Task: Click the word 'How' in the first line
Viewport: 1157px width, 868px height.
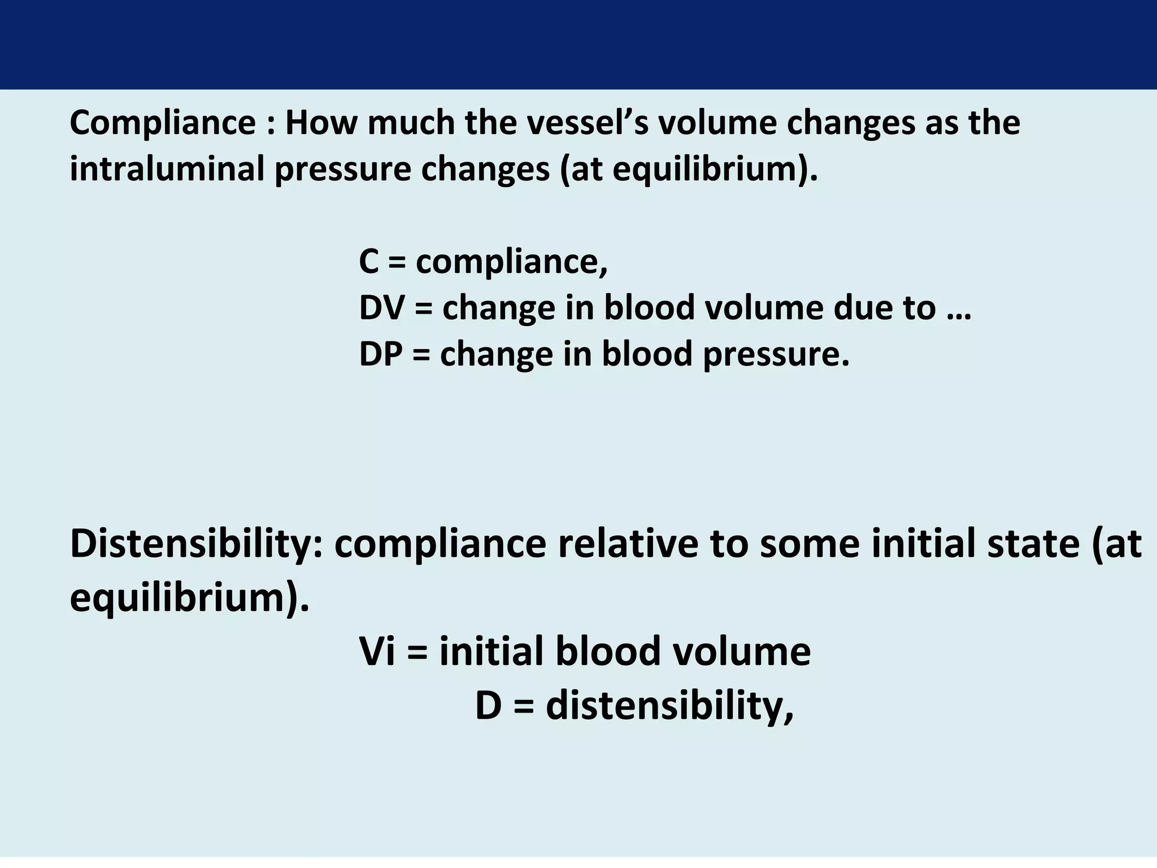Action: click(x=320, y=123)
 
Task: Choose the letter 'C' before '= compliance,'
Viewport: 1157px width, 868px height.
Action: click(x=369, y=262)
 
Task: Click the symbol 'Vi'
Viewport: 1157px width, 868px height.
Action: click(x=376, y=652)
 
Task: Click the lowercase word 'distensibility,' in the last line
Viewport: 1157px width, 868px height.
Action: click(x=669, y=706)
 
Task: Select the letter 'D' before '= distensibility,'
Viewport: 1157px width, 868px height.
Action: click(x=488, y=706)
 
